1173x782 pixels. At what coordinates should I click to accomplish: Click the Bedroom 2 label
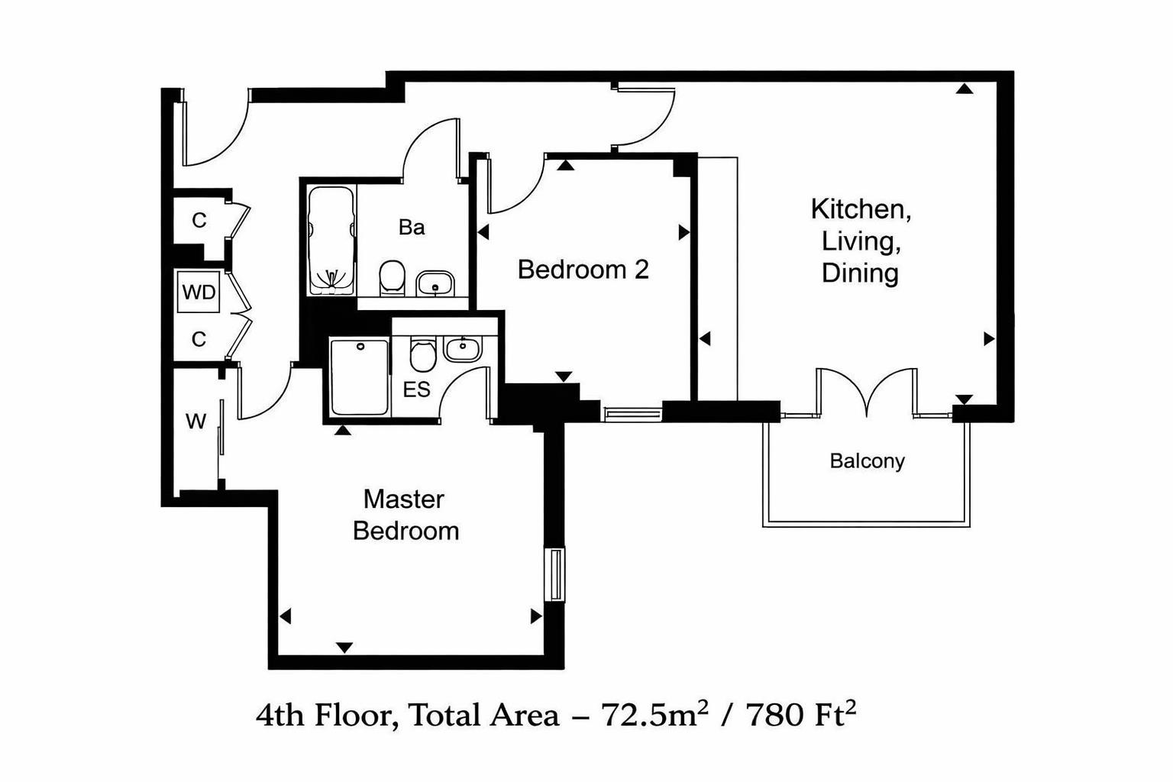583,270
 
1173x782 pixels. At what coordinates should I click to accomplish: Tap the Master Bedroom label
405,515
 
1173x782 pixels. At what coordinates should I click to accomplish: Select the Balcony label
867,461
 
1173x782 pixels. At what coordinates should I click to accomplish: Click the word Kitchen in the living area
860,208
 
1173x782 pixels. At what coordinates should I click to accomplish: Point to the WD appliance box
199,292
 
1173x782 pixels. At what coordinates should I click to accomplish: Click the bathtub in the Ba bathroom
331,241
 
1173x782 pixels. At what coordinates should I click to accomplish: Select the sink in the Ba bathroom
435,284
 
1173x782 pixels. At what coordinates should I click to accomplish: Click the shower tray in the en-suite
359,377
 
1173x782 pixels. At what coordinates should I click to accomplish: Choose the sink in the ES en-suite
463,349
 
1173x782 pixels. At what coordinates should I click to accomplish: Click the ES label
416,389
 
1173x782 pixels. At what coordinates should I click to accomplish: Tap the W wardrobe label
195,422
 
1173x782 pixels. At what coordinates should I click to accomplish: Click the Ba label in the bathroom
411,228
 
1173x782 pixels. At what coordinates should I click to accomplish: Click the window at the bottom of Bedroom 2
632,414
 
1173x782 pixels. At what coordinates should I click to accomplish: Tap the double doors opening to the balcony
867,393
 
